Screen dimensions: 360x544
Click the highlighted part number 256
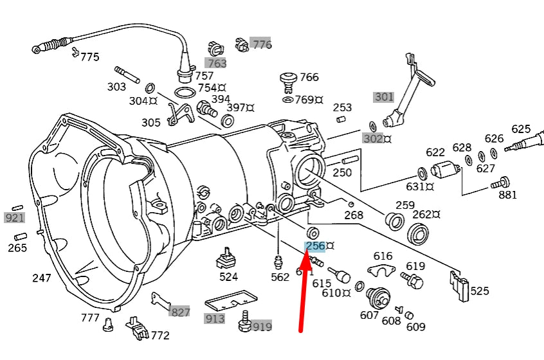(x=316, y=246)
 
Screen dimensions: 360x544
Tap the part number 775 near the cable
(x=89, y=57)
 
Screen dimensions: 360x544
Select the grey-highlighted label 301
(x=383, y=97)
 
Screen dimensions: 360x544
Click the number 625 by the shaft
(x=521, y=129)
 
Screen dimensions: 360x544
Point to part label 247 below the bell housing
(x=42, y=278)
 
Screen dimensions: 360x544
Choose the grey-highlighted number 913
(x=215, y=318)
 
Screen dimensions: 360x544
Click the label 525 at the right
(x=480, y=291)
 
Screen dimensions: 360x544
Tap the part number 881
(x=508, y=195)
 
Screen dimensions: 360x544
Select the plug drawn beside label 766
(x=288, y=81)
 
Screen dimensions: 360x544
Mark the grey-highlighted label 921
(x=15, y=218)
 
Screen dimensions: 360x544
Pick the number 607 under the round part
(x=369, y=316)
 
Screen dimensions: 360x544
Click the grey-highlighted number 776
(x=262, y=44)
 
